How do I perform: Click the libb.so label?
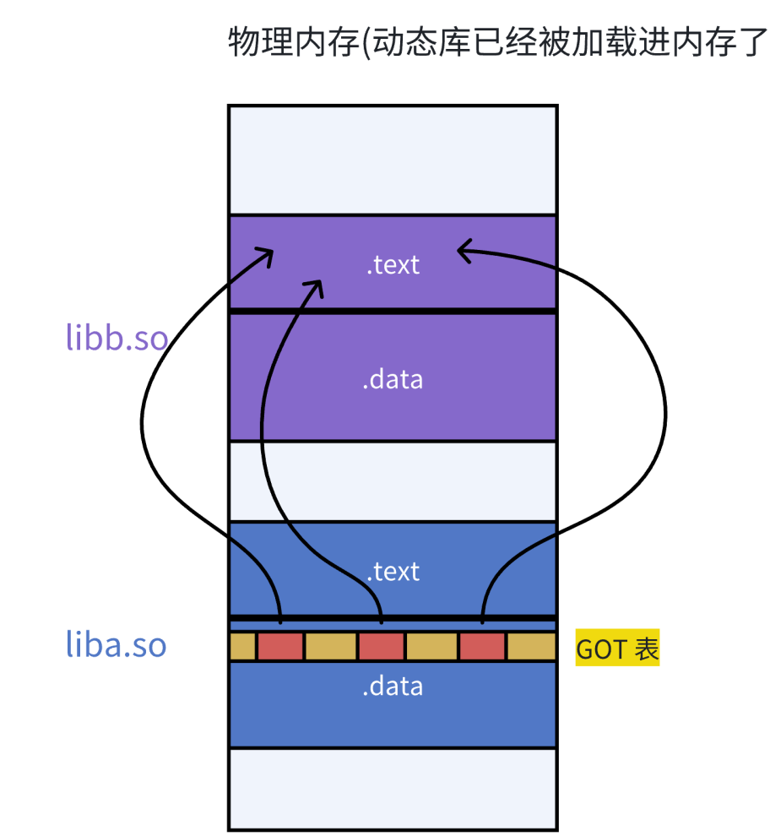[117, 336]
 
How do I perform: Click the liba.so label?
[117, 646]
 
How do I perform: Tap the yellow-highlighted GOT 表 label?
[617, 649]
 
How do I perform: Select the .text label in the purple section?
[393, 264]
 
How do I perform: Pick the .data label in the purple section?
[393, 379]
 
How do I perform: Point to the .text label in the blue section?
[393, 572]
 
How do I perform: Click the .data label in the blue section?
[393, 686]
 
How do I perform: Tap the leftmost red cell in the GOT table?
[280, 647]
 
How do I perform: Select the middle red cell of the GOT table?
[382, 647]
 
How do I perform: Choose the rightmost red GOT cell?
[482, 647]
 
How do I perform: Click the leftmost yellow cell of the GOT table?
[242, 647]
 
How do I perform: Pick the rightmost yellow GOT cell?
[531, 647]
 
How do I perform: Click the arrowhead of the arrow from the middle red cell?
[316, 286]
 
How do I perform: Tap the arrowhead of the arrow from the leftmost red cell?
[267, 255]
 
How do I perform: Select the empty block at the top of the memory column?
[393, 160]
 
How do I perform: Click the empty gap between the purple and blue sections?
[393, 480]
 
